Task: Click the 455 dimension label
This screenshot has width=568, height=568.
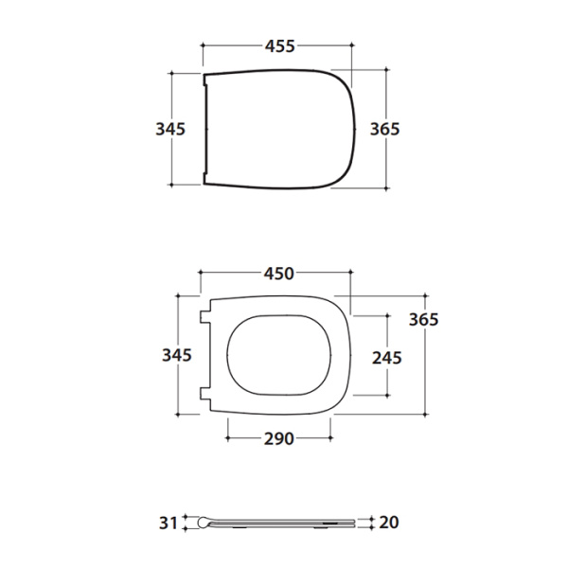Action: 280,46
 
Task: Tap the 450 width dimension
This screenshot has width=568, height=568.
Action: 278,274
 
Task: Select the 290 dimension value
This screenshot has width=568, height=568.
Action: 278,438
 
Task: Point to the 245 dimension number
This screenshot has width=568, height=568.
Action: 387,358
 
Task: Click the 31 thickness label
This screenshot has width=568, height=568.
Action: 169,524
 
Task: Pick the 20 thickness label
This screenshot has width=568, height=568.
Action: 389,523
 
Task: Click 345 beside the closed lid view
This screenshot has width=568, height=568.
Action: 170,129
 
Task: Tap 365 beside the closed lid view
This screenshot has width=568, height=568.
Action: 384,129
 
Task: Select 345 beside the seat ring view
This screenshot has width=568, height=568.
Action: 177,355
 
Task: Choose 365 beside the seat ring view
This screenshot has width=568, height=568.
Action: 423,320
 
